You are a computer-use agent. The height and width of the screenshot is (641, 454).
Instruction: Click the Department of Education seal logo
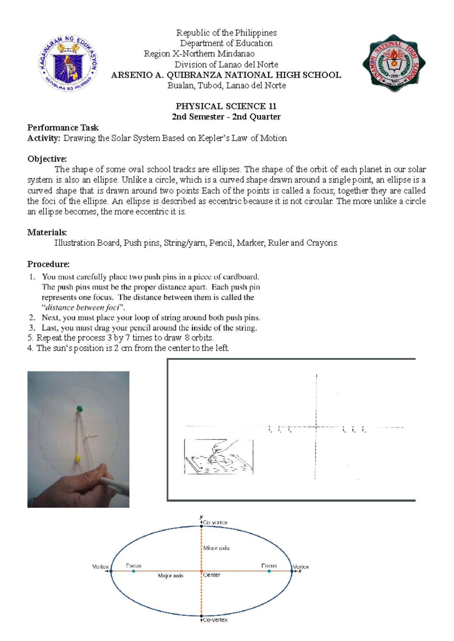(x=68, y=63)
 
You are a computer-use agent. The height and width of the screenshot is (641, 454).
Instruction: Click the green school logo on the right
(x=394, y=63)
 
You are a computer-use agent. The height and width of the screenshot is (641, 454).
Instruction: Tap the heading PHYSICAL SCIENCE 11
(x=226, y=106)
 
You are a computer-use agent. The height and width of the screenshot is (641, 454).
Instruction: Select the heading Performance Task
(x=63, y=128)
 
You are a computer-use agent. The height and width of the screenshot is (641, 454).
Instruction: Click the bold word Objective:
(x=47, y=159)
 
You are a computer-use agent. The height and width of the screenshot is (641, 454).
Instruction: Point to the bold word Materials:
(x=47, y=232)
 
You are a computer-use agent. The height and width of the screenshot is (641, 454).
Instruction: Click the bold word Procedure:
(x=48, y=264)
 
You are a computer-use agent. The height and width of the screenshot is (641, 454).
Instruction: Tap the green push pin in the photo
(x=79, y=409)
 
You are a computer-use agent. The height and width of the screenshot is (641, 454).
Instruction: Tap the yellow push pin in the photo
(x=78, y=459)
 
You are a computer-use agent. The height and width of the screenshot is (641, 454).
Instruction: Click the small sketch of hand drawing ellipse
(x=218, y=457)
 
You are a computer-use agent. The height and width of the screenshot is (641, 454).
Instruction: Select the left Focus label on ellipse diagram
(x=134, y=566)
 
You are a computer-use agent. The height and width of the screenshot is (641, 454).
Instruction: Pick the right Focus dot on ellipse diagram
(x=269, y=571)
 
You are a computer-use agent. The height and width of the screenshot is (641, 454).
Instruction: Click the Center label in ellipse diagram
(x=211, y=575)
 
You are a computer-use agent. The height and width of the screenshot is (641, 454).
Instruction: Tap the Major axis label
(x=171, y=576)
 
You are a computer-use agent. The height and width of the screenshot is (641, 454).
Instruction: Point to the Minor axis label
(x=216, y=548)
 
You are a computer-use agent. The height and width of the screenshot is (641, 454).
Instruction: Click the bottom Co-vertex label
(x=215, y=620)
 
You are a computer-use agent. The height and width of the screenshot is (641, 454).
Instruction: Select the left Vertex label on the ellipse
(x=100, y=566)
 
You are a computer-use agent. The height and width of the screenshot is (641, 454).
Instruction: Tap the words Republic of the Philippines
(x=226, y=33)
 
